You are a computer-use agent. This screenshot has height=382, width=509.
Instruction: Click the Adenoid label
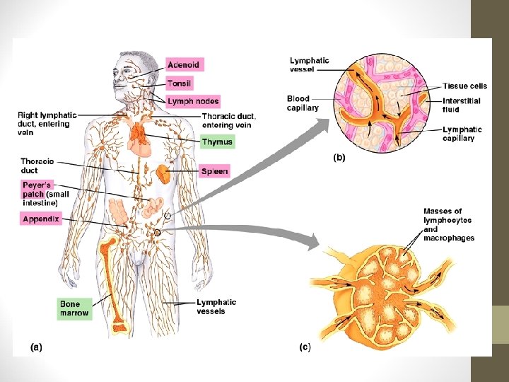184,65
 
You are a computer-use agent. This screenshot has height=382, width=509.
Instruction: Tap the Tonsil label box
180,83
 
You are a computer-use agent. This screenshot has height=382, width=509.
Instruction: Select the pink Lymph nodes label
193,102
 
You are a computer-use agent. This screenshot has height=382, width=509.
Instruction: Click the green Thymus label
216,142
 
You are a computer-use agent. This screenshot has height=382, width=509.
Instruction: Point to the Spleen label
214,171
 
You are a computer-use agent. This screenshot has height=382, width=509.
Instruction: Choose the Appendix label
40,219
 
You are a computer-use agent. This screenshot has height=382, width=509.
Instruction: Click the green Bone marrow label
74,308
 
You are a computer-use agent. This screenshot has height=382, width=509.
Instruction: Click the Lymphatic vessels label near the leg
216,306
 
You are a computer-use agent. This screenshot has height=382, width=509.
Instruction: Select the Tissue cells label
464,86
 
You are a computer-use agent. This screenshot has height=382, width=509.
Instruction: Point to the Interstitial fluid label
461,105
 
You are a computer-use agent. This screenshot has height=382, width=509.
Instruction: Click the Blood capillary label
303,103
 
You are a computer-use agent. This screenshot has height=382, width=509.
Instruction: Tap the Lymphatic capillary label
462,134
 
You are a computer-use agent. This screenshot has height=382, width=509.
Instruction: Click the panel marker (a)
36,347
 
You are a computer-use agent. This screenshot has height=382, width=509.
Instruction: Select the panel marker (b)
339,158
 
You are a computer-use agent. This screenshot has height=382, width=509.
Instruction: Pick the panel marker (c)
305,347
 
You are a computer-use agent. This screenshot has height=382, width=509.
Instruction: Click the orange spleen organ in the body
163,175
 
